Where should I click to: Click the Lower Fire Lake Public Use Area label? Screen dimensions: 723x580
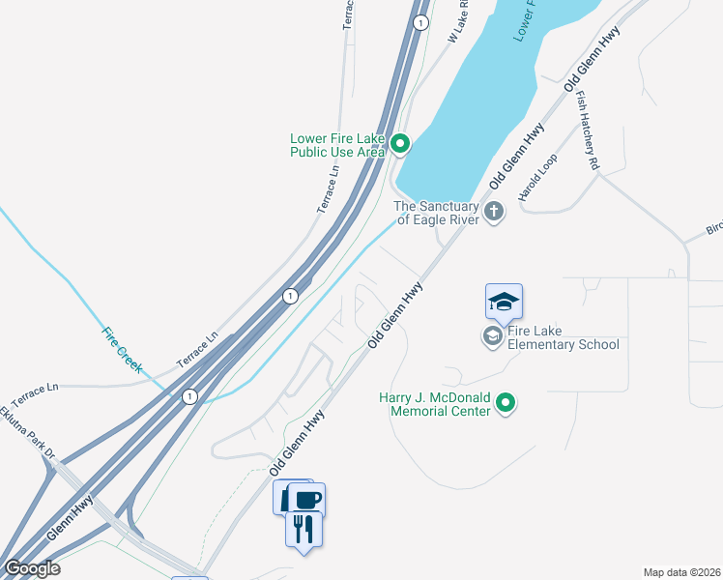(x=337, y=145)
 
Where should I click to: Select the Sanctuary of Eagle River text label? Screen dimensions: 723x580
(x=436, y=213)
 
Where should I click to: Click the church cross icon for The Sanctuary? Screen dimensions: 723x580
(x=494, y=211)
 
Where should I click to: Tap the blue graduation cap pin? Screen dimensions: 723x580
(x=504, y=303)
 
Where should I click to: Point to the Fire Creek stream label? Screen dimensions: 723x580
(x=123, y=350)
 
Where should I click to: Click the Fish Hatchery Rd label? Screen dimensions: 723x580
(x=589, y=130)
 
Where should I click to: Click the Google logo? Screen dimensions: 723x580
(x=32, y=568)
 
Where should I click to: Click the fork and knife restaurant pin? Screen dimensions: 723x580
(x=304, y=529)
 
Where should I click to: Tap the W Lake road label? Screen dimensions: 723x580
(x=458, y=21)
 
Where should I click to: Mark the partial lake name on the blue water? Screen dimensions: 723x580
(x=524, y=19)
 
